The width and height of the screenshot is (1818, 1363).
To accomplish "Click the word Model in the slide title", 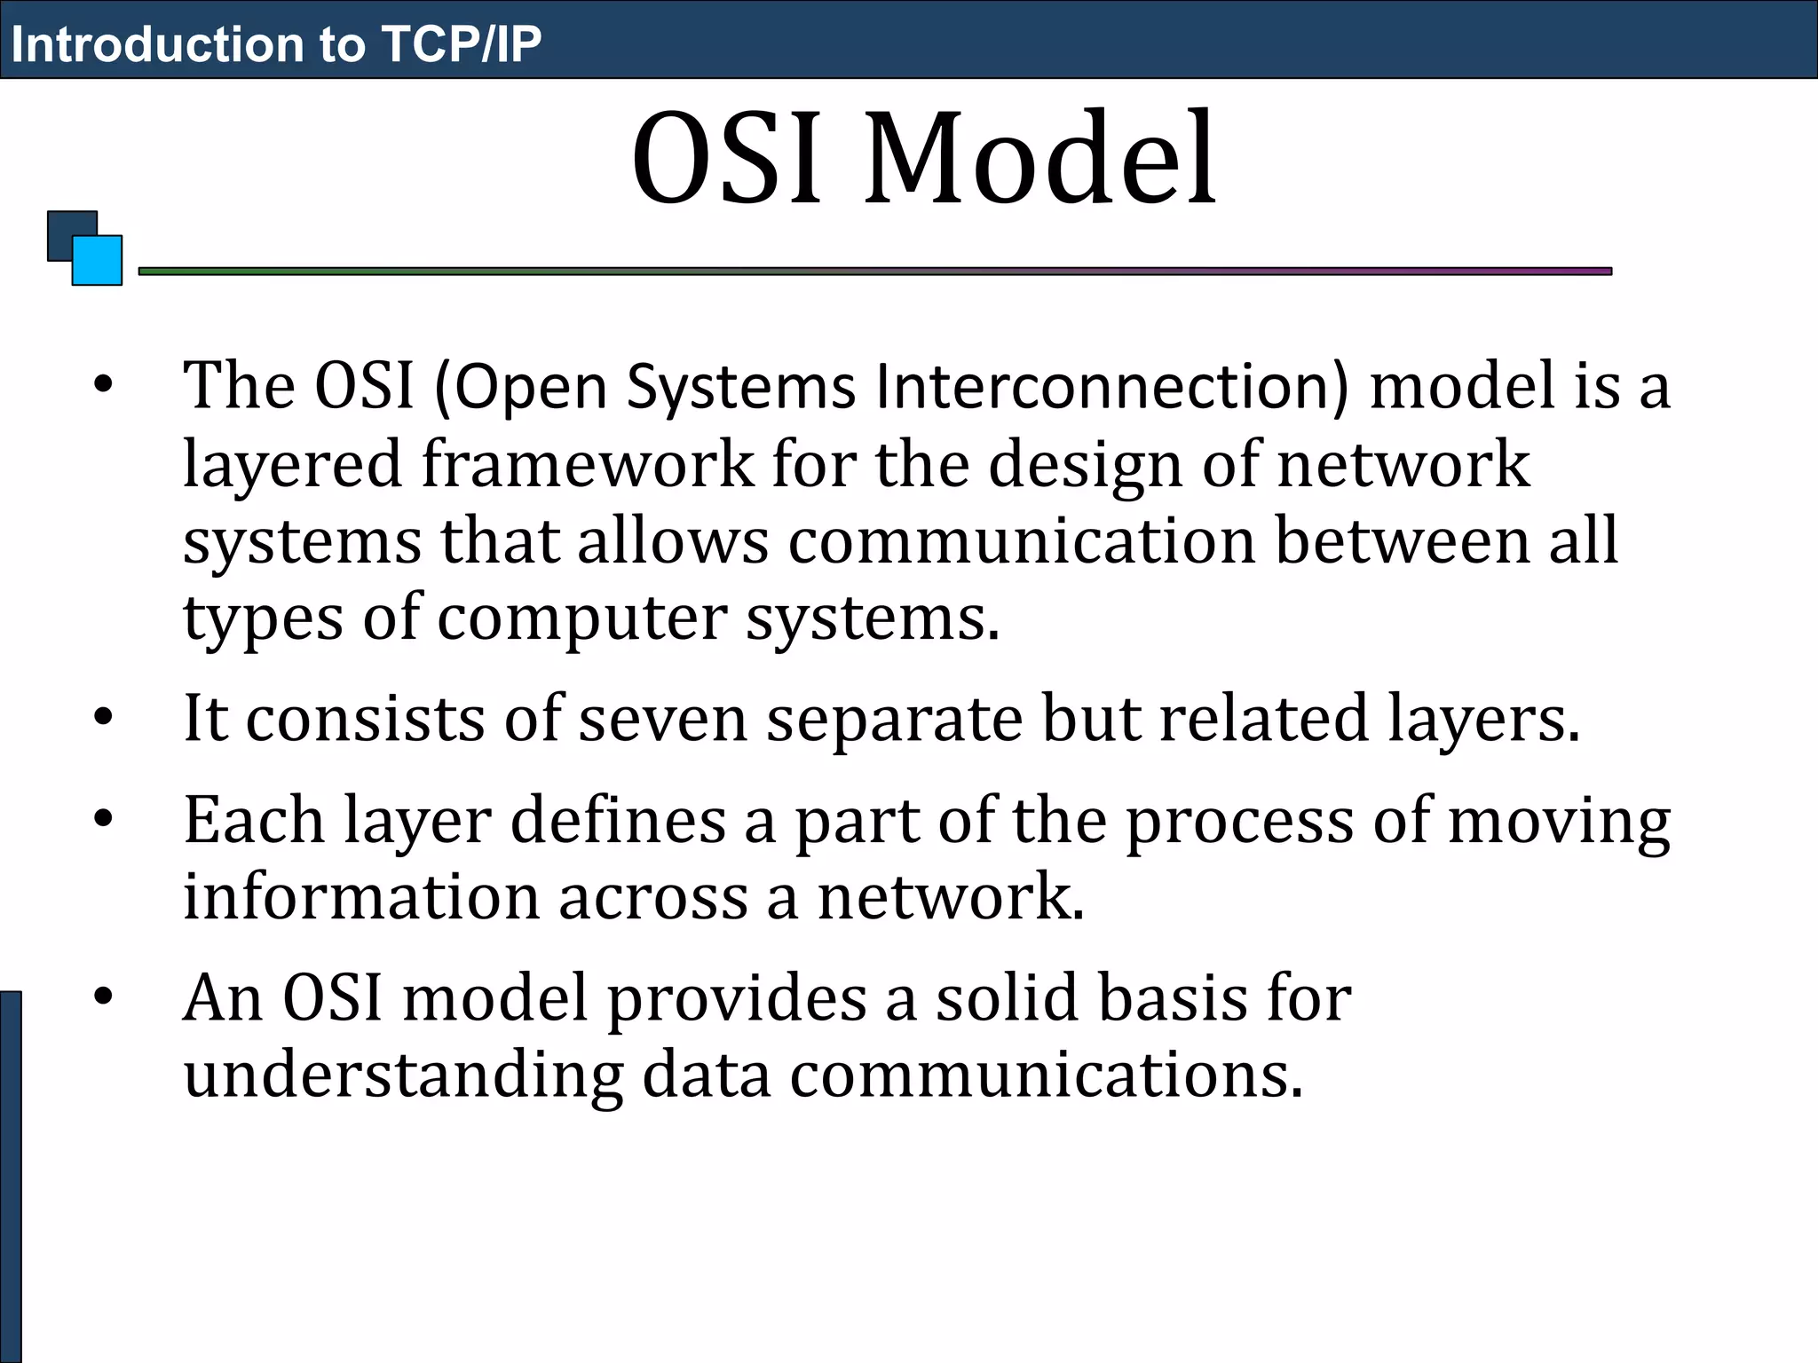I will pos(1040,160).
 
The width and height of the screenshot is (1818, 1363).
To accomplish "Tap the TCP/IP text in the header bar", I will pos(461,43).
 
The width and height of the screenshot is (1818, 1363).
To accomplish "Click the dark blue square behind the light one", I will pos(66,228).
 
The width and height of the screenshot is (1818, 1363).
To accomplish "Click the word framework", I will pos(587,465).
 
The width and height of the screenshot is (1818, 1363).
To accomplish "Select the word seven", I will pos(662,719).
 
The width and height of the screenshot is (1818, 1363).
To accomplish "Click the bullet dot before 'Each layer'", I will pos(104,818).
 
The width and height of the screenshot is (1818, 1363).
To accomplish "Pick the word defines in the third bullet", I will pos(618,821).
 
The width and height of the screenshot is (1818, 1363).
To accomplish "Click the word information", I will pos(360,897).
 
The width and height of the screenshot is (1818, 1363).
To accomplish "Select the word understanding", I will pos(403,1075).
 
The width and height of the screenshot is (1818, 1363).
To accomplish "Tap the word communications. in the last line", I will pos(1047,1075).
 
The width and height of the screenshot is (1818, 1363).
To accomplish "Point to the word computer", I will pos(582,618).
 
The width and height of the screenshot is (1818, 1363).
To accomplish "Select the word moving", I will pos(1559,821).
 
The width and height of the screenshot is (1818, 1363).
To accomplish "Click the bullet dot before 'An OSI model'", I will pos(104,997).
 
